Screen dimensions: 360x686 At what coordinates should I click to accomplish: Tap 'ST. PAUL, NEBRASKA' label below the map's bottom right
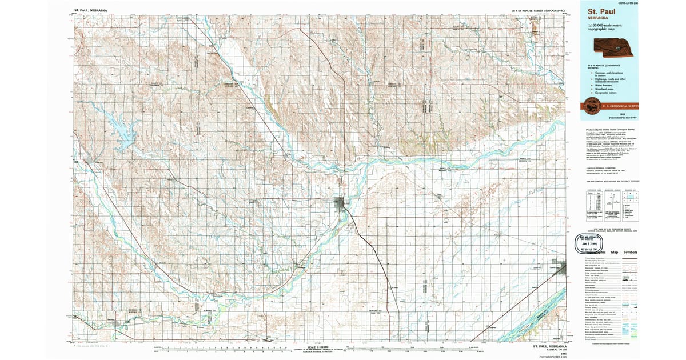pyautogui.click(x=549, y=346)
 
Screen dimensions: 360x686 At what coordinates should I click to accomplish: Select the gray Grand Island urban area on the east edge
pyautogui.click(x=561, y=267)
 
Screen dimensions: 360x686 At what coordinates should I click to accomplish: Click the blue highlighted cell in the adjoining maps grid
pyautogui.click(x=631, y=200)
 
